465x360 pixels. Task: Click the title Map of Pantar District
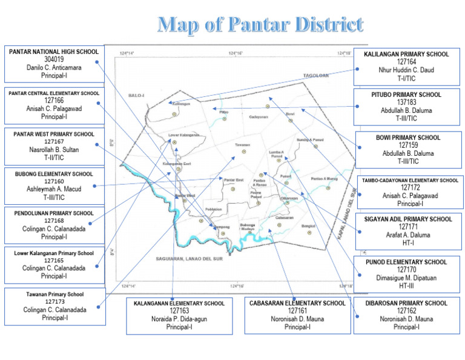point(260,25)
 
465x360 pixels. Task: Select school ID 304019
point(54,60)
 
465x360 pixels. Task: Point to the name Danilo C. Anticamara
point(54,68)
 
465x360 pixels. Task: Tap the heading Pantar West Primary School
point(54,133)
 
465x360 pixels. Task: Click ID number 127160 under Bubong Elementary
point(54,181)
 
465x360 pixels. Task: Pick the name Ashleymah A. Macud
point(54,189)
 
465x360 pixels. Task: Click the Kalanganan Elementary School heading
point(179,303)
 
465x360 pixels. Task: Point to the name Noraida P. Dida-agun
point(179,319)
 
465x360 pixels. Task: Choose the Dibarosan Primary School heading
point(406,303)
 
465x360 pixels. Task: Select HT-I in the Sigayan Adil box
point(407,242)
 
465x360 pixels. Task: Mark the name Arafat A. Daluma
point(407,235)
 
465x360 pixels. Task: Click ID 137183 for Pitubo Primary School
point(406,102)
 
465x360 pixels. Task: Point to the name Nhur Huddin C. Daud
point(406,70)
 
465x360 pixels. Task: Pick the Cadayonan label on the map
point(259,117)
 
